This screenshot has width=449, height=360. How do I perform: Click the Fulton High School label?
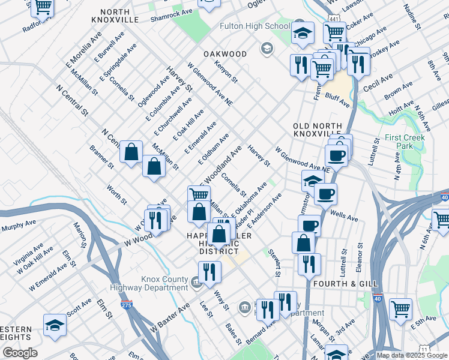[255, 26]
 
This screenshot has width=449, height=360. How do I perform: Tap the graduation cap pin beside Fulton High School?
[303, 33]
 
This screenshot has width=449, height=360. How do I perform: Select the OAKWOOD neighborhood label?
[225, 54]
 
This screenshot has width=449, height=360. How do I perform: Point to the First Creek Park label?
[405, 142]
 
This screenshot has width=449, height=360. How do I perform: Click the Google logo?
[19, 353]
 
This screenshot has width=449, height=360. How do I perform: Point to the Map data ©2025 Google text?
[411, 355]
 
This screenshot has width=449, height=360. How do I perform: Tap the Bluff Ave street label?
[337, 97]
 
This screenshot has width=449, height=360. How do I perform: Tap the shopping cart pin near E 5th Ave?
[400, 309]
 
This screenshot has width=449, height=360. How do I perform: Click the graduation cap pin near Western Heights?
[55, 325]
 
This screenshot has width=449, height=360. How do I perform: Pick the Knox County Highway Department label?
[165, 283]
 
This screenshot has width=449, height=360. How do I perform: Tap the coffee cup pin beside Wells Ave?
[325, 194]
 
